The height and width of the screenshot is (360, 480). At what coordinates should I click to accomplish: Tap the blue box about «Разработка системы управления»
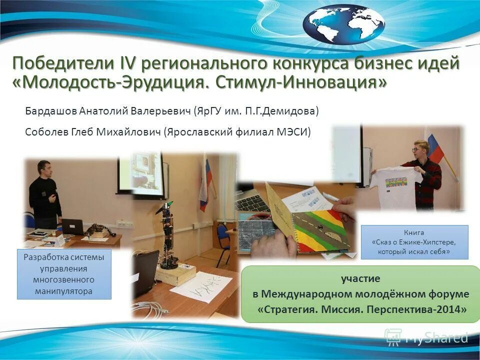(64, 274)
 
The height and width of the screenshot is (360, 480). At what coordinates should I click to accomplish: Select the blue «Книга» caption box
(414, 242)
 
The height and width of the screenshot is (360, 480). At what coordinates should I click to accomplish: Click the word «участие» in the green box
(360, 278)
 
